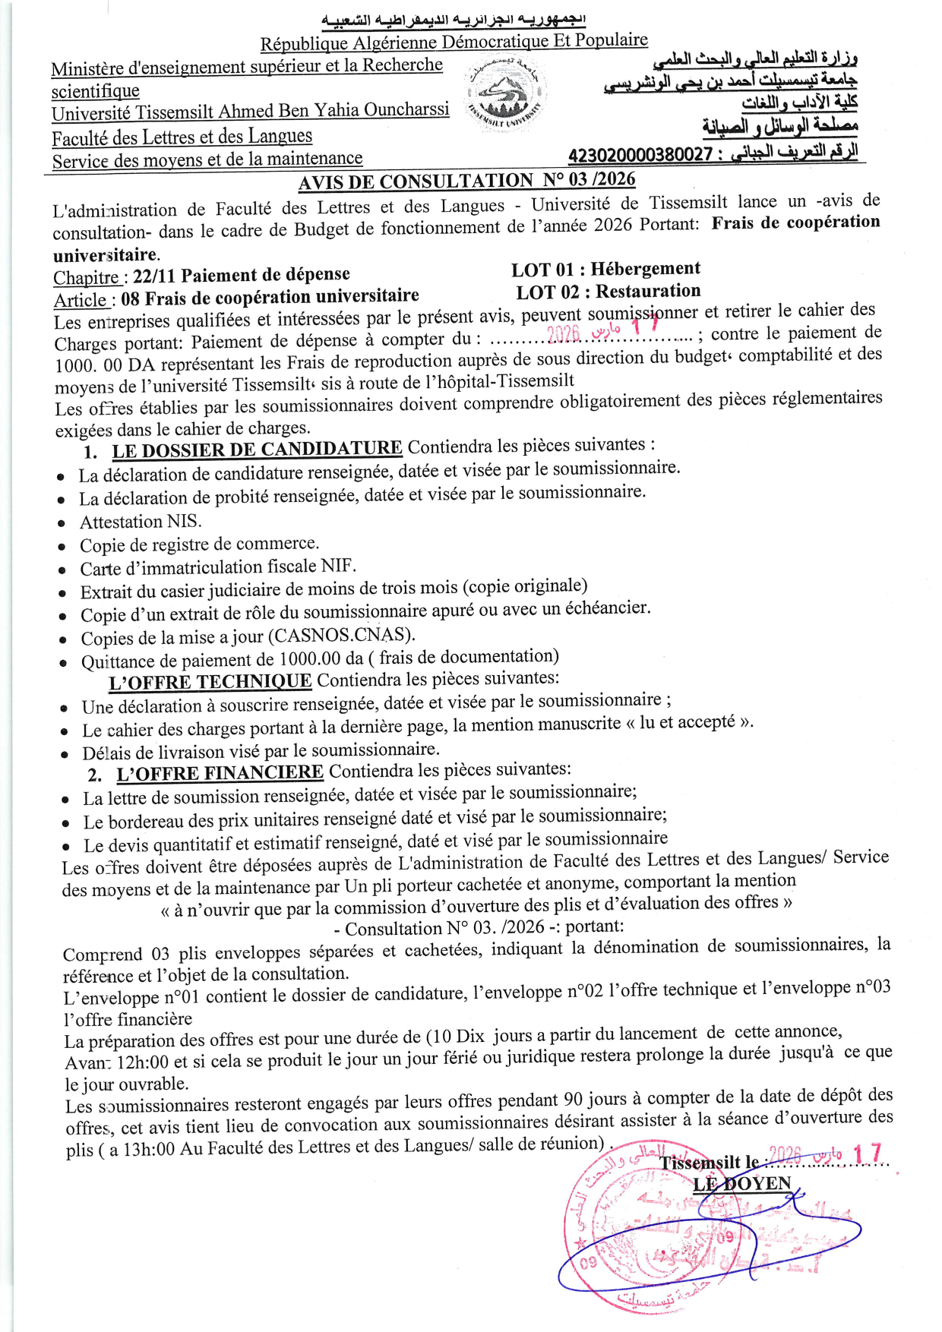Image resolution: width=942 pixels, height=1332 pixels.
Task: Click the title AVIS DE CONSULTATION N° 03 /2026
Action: coord(466,181)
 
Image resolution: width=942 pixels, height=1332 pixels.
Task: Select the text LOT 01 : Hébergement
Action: coord(605,269)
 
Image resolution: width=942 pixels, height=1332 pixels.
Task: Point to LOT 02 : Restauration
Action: coord(608,292)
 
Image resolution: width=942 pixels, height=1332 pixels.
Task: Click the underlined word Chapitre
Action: coord(86,278)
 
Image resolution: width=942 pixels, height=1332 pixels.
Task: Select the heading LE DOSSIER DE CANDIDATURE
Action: coord(257,450)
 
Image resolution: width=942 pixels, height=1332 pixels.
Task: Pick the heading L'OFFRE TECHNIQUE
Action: coord(210,682)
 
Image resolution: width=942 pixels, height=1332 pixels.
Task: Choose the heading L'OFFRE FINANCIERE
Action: coord(220,774)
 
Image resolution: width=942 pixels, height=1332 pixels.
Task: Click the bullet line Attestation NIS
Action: coord(141,522)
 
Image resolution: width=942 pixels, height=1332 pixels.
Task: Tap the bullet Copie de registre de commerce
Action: coord(199,544)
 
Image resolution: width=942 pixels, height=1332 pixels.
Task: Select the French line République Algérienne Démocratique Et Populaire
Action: coord(454,43)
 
